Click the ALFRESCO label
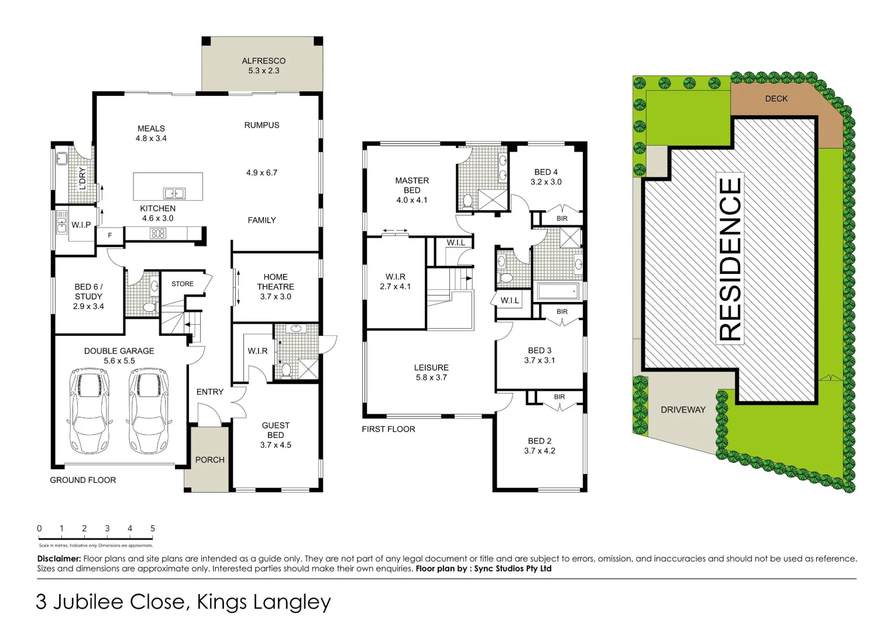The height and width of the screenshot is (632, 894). pos(264,61)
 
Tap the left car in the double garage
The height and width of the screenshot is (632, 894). pos(90,411)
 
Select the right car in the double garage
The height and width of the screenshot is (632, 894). pos(149,411)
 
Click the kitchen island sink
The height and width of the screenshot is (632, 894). pos(174,194)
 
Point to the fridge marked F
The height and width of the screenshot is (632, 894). pos(110,235)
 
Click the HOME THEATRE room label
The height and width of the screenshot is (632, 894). pos(276,282)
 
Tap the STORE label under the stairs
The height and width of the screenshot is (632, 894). pos(183,284)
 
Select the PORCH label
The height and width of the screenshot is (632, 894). pos(209,460)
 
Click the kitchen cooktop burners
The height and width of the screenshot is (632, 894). pos(158,233)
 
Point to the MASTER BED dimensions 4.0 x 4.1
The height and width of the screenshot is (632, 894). pos(412,200)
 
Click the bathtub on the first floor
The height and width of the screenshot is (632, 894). pos(558,291)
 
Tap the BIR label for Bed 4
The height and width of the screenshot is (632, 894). pos(562,218)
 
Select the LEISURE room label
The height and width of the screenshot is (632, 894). pos(431,367)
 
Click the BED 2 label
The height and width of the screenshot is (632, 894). pos(539,441)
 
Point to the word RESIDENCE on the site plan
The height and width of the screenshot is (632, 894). pos(730,259)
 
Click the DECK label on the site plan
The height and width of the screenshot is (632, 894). pos(776,99)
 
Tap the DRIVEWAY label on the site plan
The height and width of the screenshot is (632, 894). pos(683,410)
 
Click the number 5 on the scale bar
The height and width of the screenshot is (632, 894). pos(153,528)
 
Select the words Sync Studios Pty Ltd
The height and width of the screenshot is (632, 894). pos(513,568)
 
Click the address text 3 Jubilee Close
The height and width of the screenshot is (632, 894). pos(111,602)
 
